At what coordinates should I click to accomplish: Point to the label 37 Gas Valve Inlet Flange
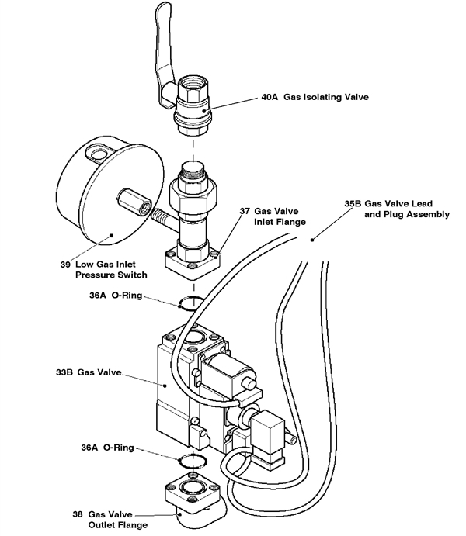pyautogui.click(x=267, y=216)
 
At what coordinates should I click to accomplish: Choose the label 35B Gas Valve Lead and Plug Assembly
pyautogui.click(x=395, y=209)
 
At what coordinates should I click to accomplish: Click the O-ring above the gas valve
pyautogui.click(x=193, y=303)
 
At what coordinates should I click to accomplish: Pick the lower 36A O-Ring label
pyautogui.click(x=113, y=448)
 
